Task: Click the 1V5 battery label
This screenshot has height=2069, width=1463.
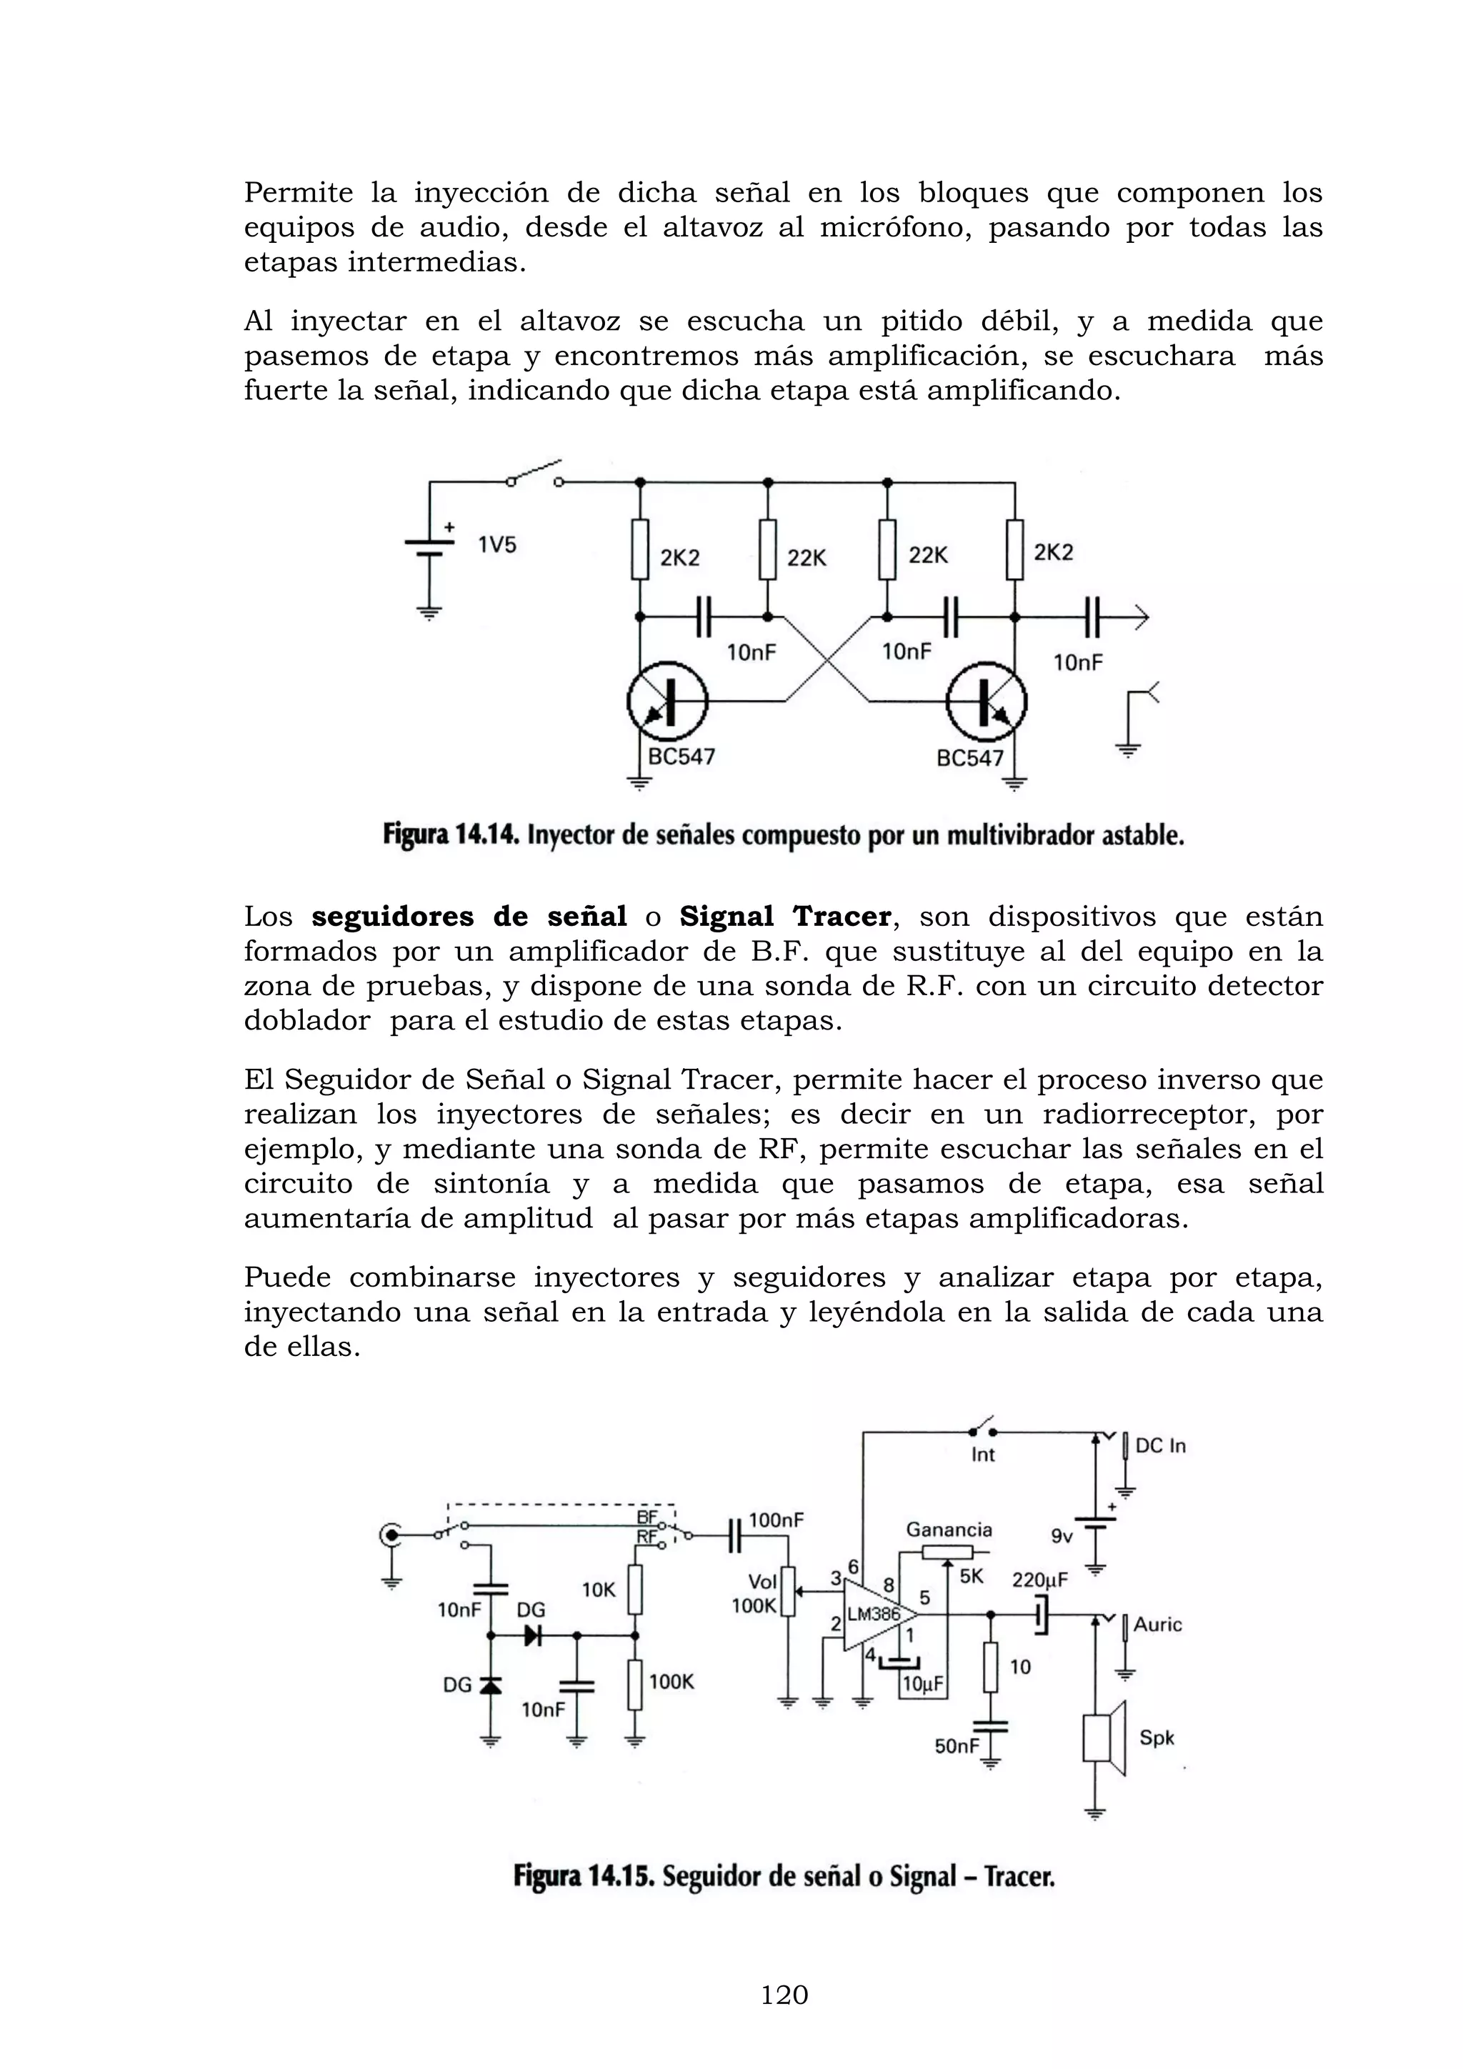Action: click(x=496, y=544)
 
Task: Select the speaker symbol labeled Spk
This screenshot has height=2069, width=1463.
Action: click(x=1104, y=1738)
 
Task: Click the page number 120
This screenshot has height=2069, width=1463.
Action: click(x=784, y=1995)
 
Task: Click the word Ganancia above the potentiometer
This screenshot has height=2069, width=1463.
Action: click(x=949, y=1529)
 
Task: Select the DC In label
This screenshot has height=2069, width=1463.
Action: click(x=1160, y=1445)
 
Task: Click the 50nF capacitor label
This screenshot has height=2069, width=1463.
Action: click(x=957, y=1746)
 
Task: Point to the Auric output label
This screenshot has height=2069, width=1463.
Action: click(x=1157, y=1624)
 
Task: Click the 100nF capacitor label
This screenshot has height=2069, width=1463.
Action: click(x=776, y=1520)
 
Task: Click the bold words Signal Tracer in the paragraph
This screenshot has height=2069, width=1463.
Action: click(x=784, y=917)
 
